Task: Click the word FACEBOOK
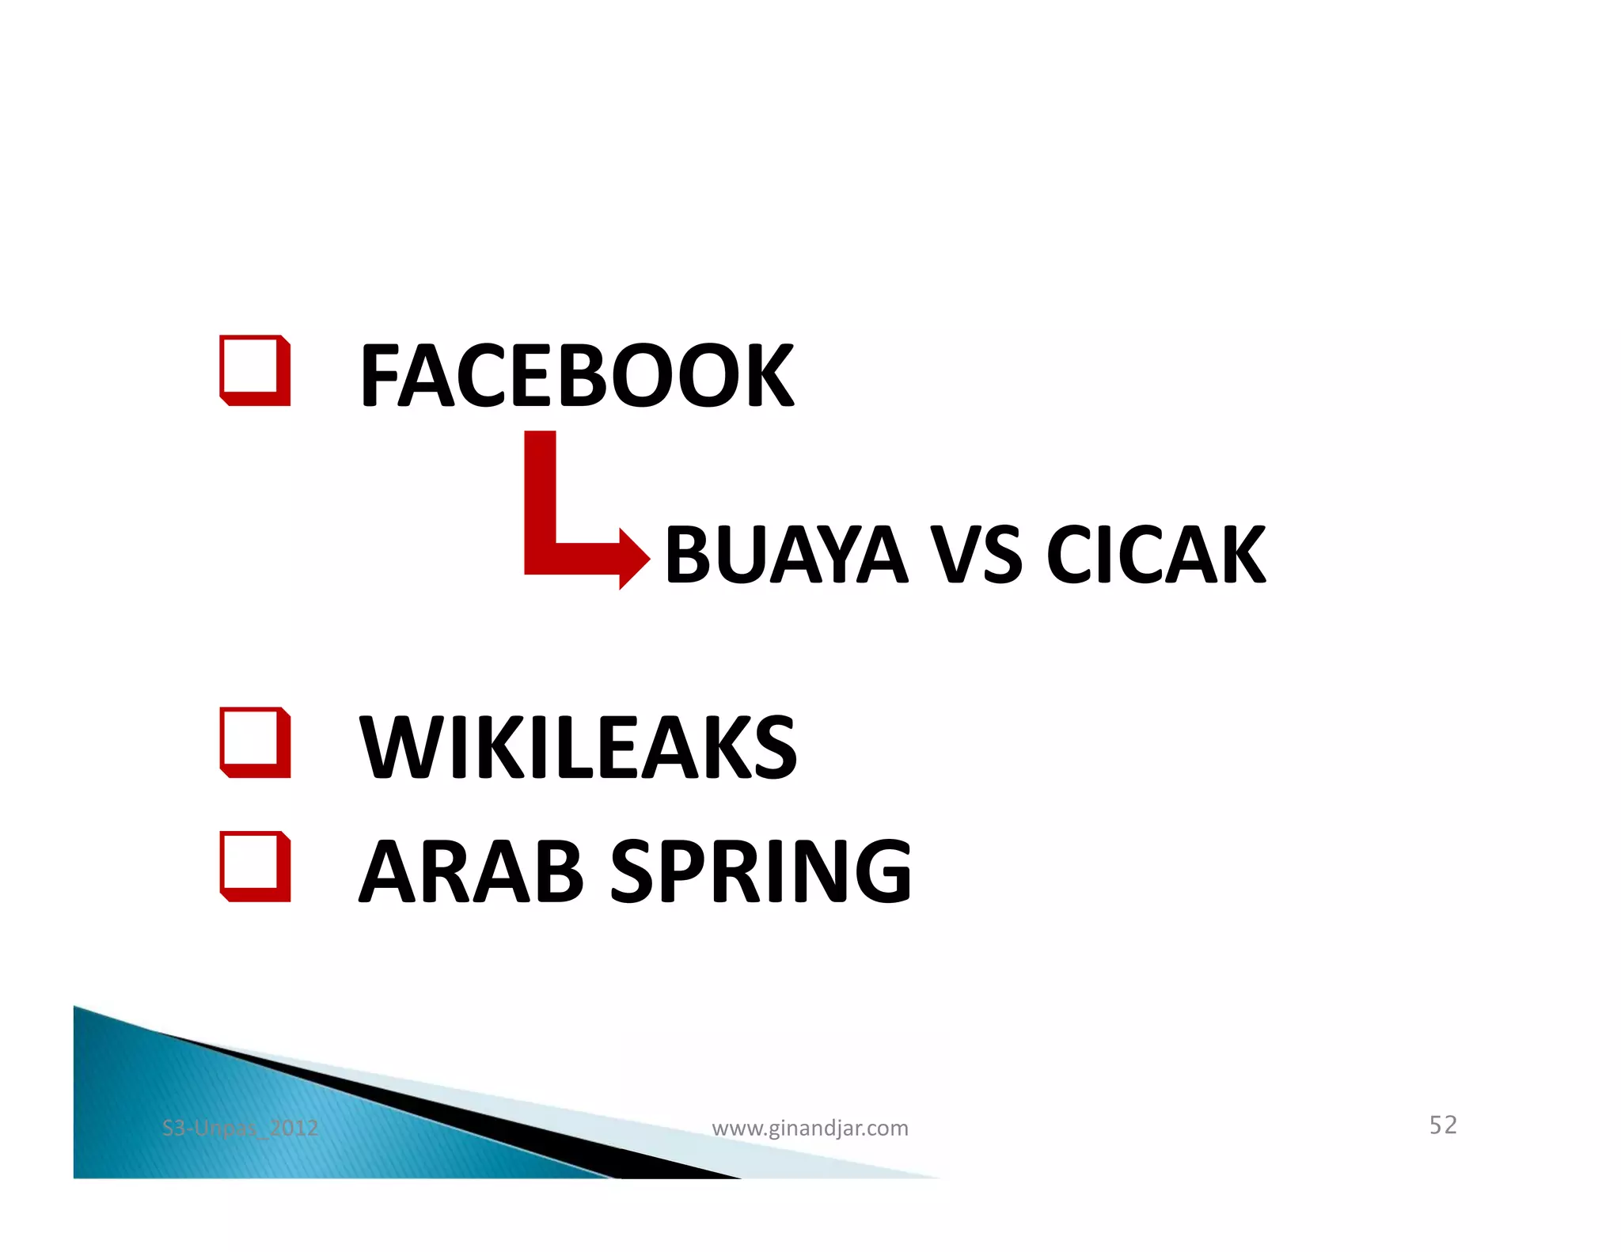pyautogui.click(x=576, y=376)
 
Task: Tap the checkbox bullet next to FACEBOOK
pyautogui.click(x=254, y=370)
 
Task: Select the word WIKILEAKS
pyautogui.click(x=578, y=747)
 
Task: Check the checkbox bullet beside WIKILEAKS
pyautogui.click(x=254, y=742)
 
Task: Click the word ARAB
pyautogui.click(x=472, y=871)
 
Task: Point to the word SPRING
pyautogui.click(x=761, y=871)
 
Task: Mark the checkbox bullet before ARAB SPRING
pyautogui.click(x=254, y=866)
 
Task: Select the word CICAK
pyautogui.click(x=1156, y=556)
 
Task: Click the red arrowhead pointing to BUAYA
pyautogui.click(x=633, y=559)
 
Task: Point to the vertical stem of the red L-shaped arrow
pyautogui.click(x=540, y=491)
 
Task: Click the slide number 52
pyautogui.click(x=1442, y=1125)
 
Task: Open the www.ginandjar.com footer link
pyautogui.click(x=810, y=1128)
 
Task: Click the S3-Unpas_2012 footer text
pyautogui.click(x=240, y=1128)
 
